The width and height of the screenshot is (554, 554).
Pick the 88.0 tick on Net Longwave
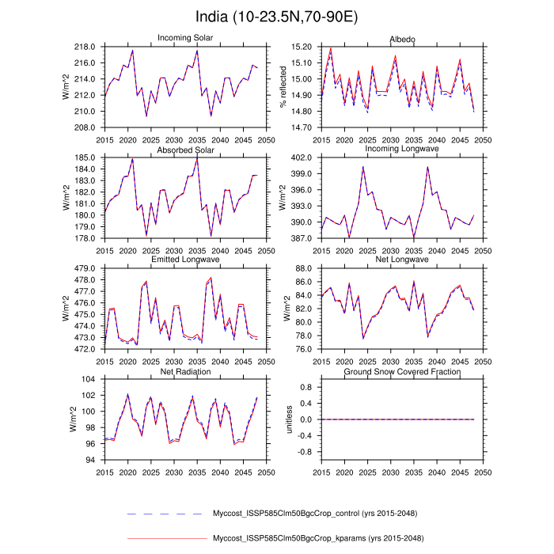click(x=302, y=268)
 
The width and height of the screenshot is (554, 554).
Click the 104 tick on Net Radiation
click(x=89, y=379)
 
